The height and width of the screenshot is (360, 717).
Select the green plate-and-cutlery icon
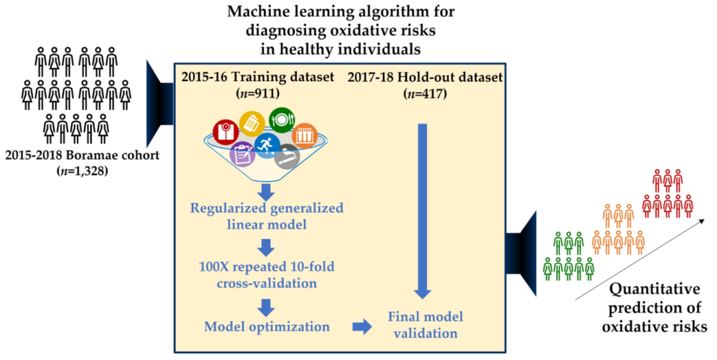281,119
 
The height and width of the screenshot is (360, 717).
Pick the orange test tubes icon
305,135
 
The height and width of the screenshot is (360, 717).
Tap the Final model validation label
424,326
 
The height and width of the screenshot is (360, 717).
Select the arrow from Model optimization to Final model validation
362,326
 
